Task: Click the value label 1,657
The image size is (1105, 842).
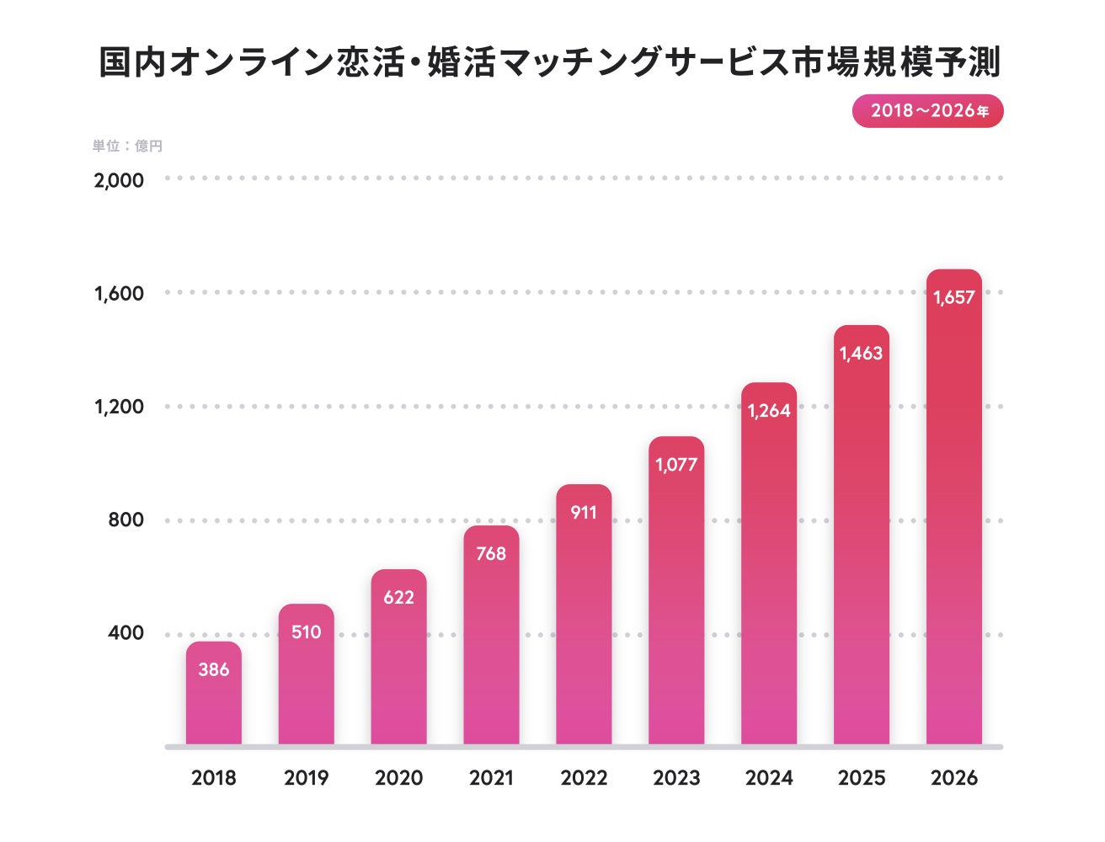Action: [953, 297]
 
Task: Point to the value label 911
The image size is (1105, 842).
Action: [584, 512]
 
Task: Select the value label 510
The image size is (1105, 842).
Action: [306, 631]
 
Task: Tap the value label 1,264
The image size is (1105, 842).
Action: [769, 411]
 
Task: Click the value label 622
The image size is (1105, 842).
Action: [398, 597]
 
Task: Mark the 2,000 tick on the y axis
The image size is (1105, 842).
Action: [119, 179]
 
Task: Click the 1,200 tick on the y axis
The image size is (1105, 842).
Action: [119, 407]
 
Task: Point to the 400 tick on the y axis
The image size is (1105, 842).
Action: [125, 633]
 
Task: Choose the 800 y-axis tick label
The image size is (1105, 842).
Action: [125, 520]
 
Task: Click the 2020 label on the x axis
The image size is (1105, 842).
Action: [398, 778]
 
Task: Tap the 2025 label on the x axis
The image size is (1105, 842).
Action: [862, 778]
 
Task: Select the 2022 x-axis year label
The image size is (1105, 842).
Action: [584, 778]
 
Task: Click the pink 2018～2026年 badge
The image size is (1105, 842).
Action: [927, 111]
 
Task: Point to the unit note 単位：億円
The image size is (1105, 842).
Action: [127, 146]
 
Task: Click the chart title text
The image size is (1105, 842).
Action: [549, 62]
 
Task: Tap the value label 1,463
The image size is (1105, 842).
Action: [861, 354]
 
